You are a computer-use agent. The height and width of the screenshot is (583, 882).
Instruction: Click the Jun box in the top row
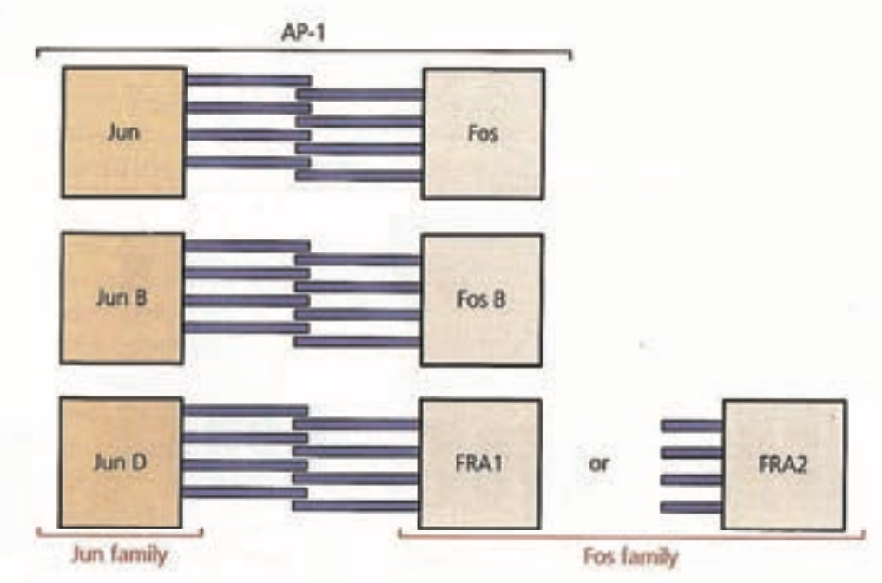123,132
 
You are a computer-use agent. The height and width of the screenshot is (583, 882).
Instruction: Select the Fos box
484,132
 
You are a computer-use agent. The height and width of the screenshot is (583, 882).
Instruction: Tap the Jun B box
122,298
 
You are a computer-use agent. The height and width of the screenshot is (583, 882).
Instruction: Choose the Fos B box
482,299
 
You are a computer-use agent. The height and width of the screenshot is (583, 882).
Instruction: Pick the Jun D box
121,462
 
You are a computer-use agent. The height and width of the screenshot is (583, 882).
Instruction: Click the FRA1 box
479,463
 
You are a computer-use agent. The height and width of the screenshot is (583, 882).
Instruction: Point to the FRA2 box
784,463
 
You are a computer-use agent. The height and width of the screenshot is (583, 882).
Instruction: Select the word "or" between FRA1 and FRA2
600,463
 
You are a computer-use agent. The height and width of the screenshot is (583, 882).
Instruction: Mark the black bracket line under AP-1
303,51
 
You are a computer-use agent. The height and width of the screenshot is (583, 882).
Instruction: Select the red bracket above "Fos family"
631,535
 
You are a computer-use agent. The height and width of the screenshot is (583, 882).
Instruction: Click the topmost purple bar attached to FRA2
692,425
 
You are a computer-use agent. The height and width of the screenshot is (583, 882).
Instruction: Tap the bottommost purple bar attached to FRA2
692,507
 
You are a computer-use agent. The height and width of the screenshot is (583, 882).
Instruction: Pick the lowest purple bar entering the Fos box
359,175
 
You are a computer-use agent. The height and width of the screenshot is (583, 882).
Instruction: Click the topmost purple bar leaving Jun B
247,246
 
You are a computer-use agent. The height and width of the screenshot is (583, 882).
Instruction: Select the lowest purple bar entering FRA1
356,505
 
